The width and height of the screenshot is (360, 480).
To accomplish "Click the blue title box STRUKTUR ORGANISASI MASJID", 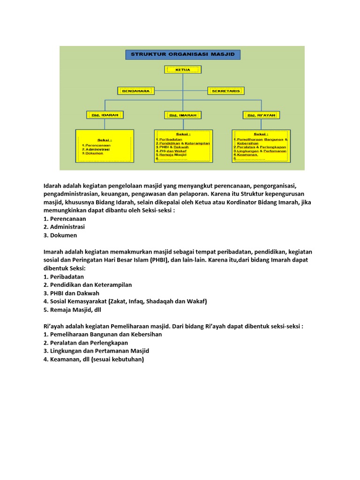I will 183,54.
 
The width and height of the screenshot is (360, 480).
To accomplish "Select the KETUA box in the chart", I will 183,69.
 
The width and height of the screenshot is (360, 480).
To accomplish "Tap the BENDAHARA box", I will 136,90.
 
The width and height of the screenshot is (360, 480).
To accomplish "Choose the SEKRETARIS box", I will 228,90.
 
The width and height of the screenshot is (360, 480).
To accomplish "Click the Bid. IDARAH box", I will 105,114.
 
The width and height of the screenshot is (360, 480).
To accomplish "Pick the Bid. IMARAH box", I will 183,114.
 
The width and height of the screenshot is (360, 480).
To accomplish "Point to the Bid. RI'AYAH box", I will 261,114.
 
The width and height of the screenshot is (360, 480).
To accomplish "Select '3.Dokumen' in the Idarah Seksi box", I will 93,153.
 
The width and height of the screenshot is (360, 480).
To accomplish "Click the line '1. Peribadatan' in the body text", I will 64,277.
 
